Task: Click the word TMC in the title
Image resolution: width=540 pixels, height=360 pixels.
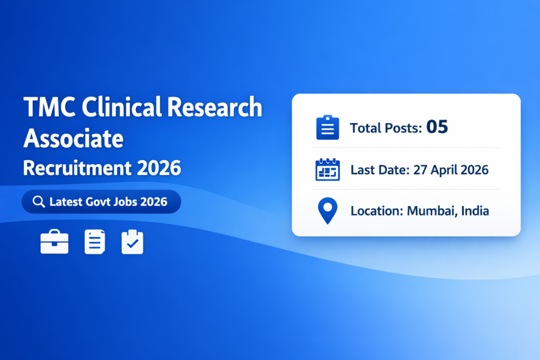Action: pos(44,108)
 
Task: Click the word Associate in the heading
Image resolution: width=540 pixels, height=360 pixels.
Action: pos(73,138)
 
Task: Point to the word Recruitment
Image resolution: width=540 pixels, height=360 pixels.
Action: pos(77,168)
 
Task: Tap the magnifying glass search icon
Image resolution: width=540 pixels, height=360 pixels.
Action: pos(38,202)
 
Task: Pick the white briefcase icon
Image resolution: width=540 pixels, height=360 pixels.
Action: pos(54,242)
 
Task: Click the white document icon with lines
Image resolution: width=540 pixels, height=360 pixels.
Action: pos(95,242)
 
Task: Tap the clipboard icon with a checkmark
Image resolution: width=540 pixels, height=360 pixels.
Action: pos(132,242)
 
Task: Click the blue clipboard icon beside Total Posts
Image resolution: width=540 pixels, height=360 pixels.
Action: pos(327,128)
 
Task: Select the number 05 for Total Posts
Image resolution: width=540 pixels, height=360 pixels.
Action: pos(437,127)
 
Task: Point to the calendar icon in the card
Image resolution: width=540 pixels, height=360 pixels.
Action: pos(327,170)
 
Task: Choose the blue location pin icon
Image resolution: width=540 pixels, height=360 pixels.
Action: pos(327,211)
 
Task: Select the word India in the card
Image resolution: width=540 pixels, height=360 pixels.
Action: pos(475,211)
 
